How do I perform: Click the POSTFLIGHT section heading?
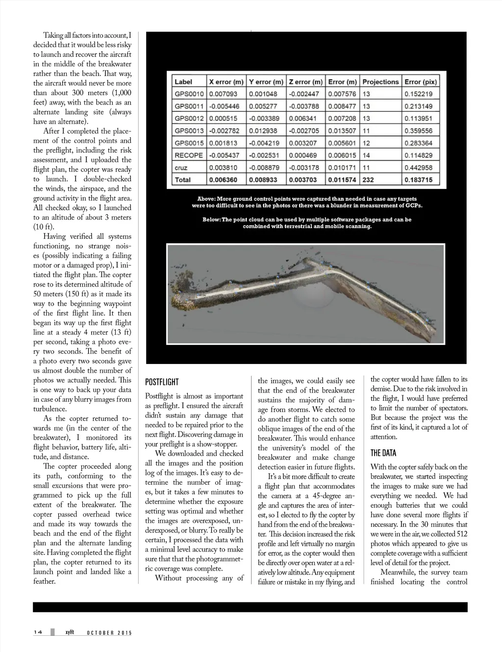(162, 382)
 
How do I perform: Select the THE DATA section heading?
(383, 453)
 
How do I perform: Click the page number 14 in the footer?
(39, 632)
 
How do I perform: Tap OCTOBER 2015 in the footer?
(109, 633)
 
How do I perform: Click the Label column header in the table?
(183, 82)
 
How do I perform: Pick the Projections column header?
(380, 82)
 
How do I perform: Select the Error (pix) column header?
(420, 82)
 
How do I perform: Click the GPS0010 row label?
(189, 94)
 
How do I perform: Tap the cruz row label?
(181, 167)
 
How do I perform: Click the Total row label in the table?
(183, 180)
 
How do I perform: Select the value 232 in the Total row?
(368, 180)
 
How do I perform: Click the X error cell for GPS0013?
(226, 131)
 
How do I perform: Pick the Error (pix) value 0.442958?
(418, 167)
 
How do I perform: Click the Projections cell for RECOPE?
(366, 155)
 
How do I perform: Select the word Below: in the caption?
(212, 219)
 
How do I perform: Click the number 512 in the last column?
(460, 534)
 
